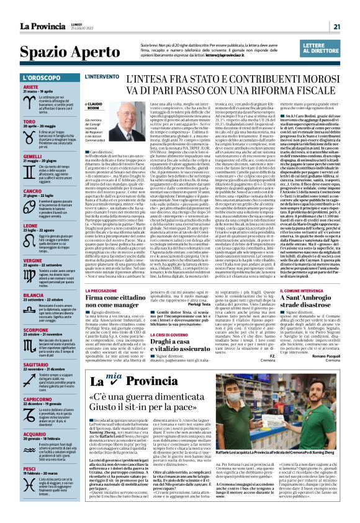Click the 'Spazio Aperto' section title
65,51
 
